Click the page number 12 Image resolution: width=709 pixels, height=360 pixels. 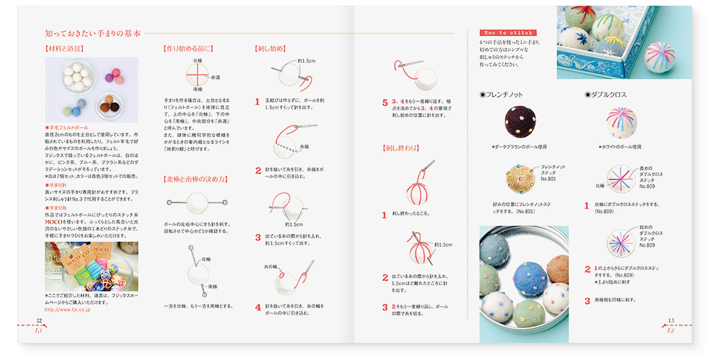point(39,321)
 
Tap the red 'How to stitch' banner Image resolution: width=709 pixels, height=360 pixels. point(500,33)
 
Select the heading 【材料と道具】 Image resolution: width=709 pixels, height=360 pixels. point(65,49)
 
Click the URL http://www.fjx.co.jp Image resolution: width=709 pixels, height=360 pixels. point(67,309)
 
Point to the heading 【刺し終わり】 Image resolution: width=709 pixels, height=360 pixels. point(400,148)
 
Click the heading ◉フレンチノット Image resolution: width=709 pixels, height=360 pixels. point(501,94)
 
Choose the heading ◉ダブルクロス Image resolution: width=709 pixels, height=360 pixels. point(606,94)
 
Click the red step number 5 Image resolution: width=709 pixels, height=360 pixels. point(385,103)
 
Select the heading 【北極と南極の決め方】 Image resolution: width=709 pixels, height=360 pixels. point(195,179)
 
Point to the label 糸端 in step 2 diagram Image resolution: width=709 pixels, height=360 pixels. point(305,146)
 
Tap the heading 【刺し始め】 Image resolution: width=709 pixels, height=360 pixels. point(270,49)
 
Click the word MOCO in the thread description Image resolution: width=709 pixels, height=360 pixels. point(54,220)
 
